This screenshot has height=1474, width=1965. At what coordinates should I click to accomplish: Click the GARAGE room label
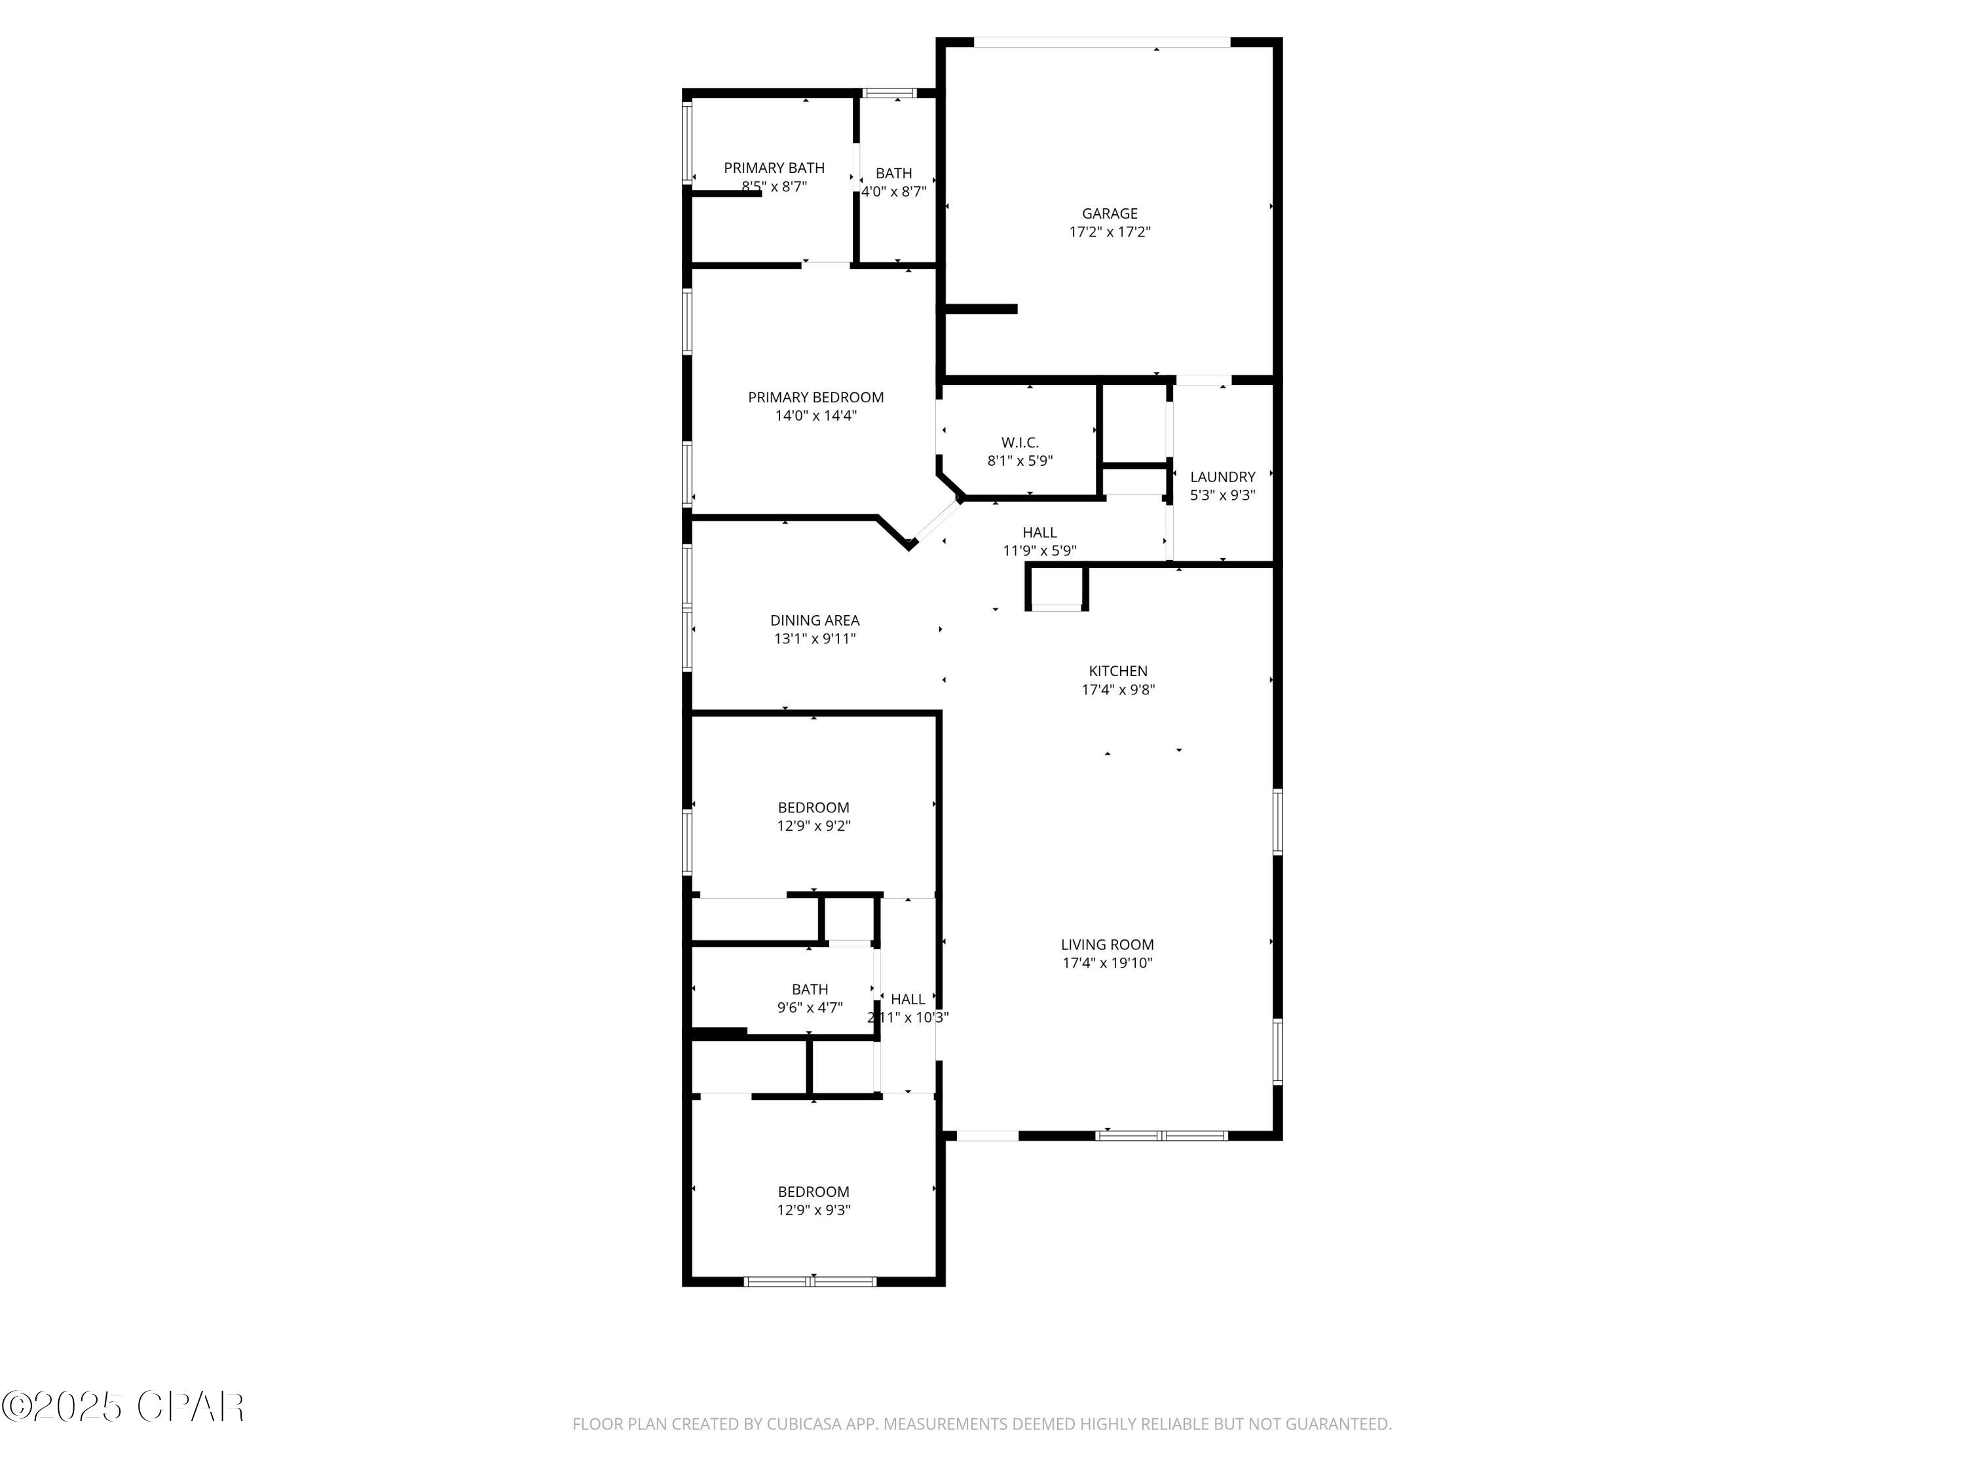[x=1109, y=213]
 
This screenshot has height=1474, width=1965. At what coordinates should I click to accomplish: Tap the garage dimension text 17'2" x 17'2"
[x=1109, y=232]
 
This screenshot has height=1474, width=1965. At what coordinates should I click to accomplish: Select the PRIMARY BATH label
[x=774, y=168]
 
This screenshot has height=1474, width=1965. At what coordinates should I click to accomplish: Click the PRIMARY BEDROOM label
[x=815, y=397]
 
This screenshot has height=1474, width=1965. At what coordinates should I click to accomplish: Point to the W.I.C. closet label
[x=1020, y=442]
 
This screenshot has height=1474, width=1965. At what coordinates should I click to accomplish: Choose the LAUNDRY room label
[x=1222, y=477]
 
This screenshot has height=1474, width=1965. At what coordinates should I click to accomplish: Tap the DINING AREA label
[x=815, y=620]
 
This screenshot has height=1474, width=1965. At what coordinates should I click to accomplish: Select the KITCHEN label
[x=1117, y=671]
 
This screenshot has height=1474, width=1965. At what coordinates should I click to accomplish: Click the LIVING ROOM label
[x=1107, y=945]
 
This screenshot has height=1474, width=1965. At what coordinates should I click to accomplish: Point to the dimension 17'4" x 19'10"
[x=1107, y=963]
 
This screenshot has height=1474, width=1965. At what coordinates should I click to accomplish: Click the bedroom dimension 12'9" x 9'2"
[x=814, y=826]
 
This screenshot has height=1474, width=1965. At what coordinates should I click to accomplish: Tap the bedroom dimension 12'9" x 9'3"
[x=814, y=1210]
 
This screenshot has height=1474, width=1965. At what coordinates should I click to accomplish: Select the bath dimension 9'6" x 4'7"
[x=810, y=1008]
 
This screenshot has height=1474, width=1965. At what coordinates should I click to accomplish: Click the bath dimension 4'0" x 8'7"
[x=893, y=191]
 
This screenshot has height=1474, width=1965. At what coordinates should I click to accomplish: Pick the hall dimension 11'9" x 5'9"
[x=1039, y=551]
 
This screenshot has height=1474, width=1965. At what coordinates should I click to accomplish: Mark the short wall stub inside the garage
[x=981, y=309]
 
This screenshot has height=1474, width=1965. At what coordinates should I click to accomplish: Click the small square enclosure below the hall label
[x=1057, y=587]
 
